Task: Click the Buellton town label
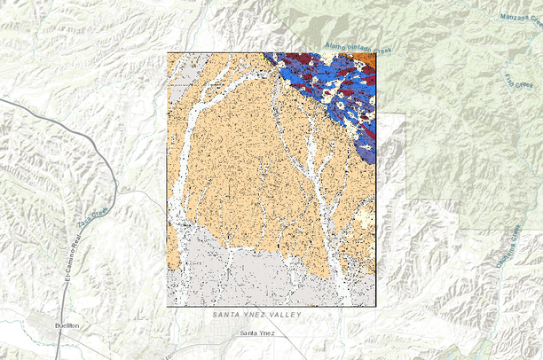pos(67,326)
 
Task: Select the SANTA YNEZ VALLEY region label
pos(257,316)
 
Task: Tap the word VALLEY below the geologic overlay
pos(286,316)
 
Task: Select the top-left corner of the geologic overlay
pos(167,52)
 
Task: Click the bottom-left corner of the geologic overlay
pos(167,307)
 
